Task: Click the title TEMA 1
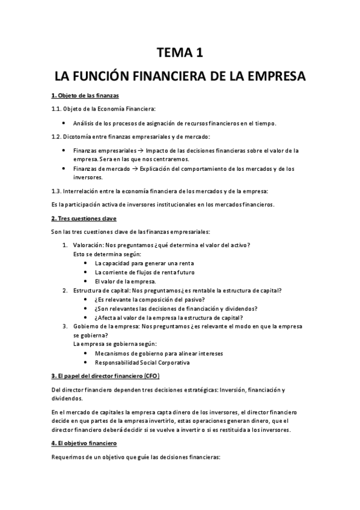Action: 180,54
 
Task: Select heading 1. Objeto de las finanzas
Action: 77,96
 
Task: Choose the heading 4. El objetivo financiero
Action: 84,443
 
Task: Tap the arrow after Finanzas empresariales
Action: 124,150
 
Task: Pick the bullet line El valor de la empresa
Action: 126,281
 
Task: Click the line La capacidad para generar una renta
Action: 144,263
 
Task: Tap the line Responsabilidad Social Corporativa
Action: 142,363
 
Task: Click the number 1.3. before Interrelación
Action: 55,191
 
